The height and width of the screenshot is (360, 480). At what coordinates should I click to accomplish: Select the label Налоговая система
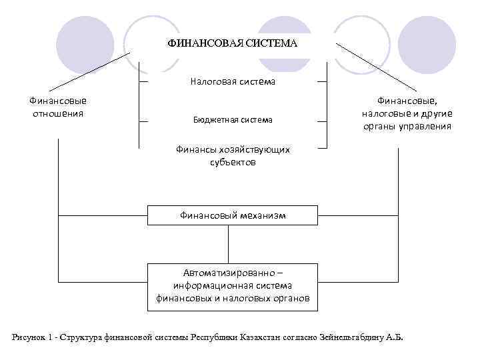pyautogui.click(x=232, y=82)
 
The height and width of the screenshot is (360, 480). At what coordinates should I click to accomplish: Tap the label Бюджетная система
pyautogui.click(x=233, y=120)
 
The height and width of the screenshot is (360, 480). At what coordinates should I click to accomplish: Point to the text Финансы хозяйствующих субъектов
pyautogui.click(x=233, y=155)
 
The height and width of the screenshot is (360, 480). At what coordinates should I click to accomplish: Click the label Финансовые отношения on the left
pyautogui.click(x=58, y=107)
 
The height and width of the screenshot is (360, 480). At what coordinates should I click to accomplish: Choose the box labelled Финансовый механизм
pyautogui.click(x=233, y=215)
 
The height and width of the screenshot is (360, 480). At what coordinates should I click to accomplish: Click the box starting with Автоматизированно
pyautogui.click(x=233, y=285)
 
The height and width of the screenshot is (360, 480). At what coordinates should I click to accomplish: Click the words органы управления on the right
pyautogui.click(x=407, y=126)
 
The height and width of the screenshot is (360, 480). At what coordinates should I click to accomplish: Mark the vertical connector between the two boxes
pyautogui.click(x=229, y=244)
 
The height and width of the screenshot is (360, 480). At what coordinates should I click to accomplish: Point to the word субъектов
pyautogui.click(x=233, y=162)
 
